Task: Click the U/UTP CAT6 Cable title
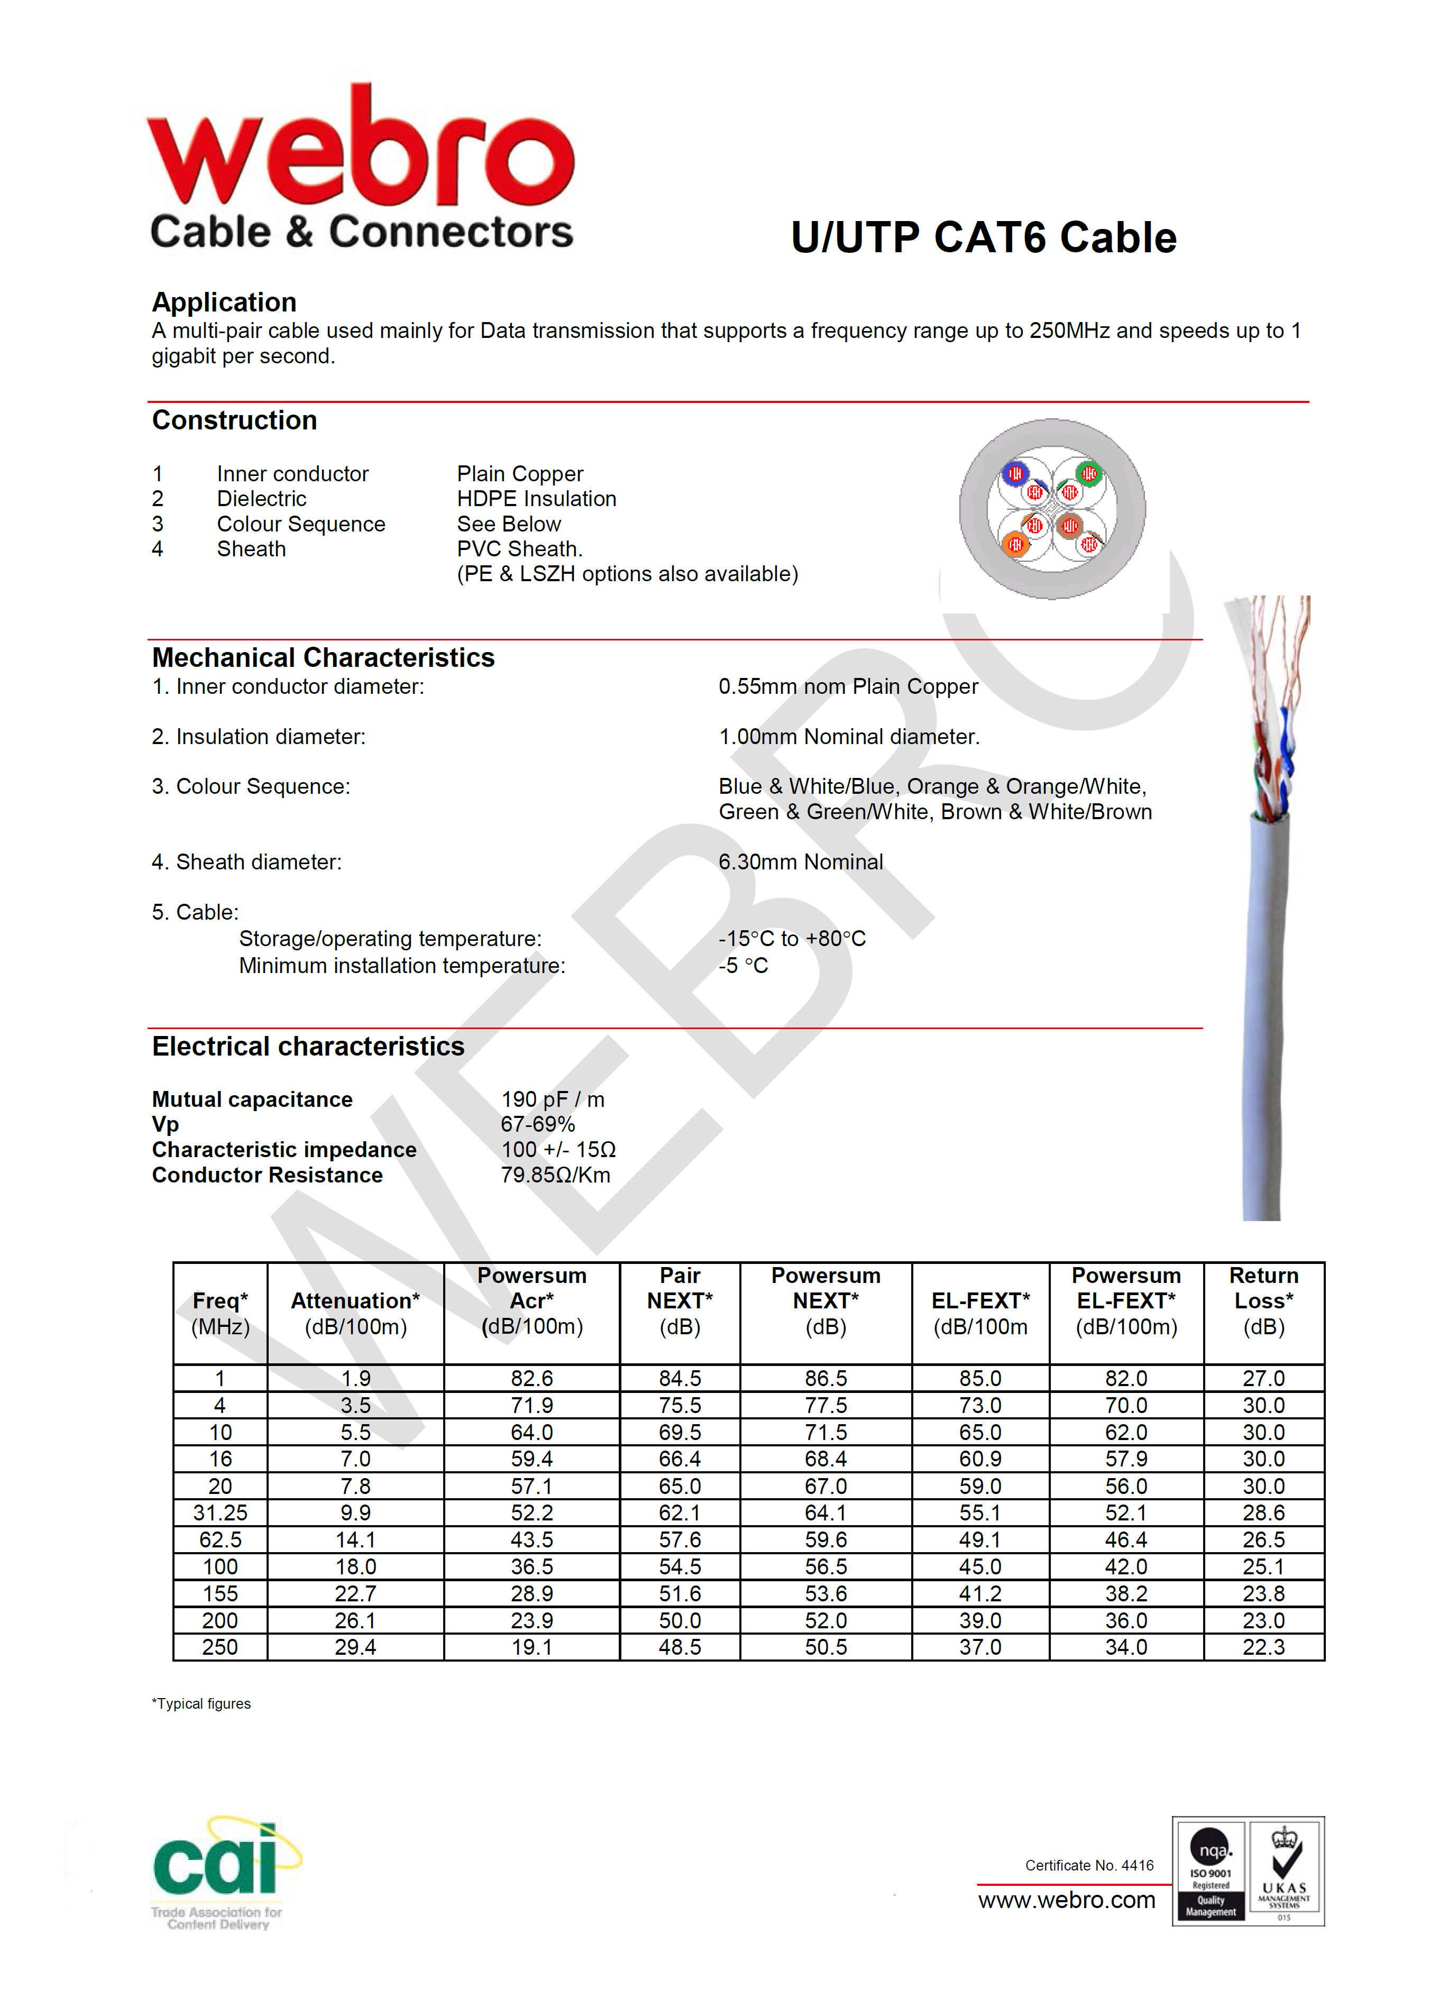point(983,237)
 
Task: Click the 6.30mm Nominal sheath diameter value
point(801,862)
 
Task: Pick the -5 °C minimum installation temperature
point(743,966)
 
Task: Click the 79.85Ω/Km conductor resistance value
point(555,1175)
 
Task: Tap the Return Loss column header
point(1263,1300)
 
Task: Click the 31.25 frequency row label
point(220,1512)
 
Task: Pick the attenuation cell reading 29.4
point(355,1647)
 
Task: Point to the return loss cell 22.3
point(1263,1647)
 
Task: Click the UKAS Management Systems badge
point(1285,1871)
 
